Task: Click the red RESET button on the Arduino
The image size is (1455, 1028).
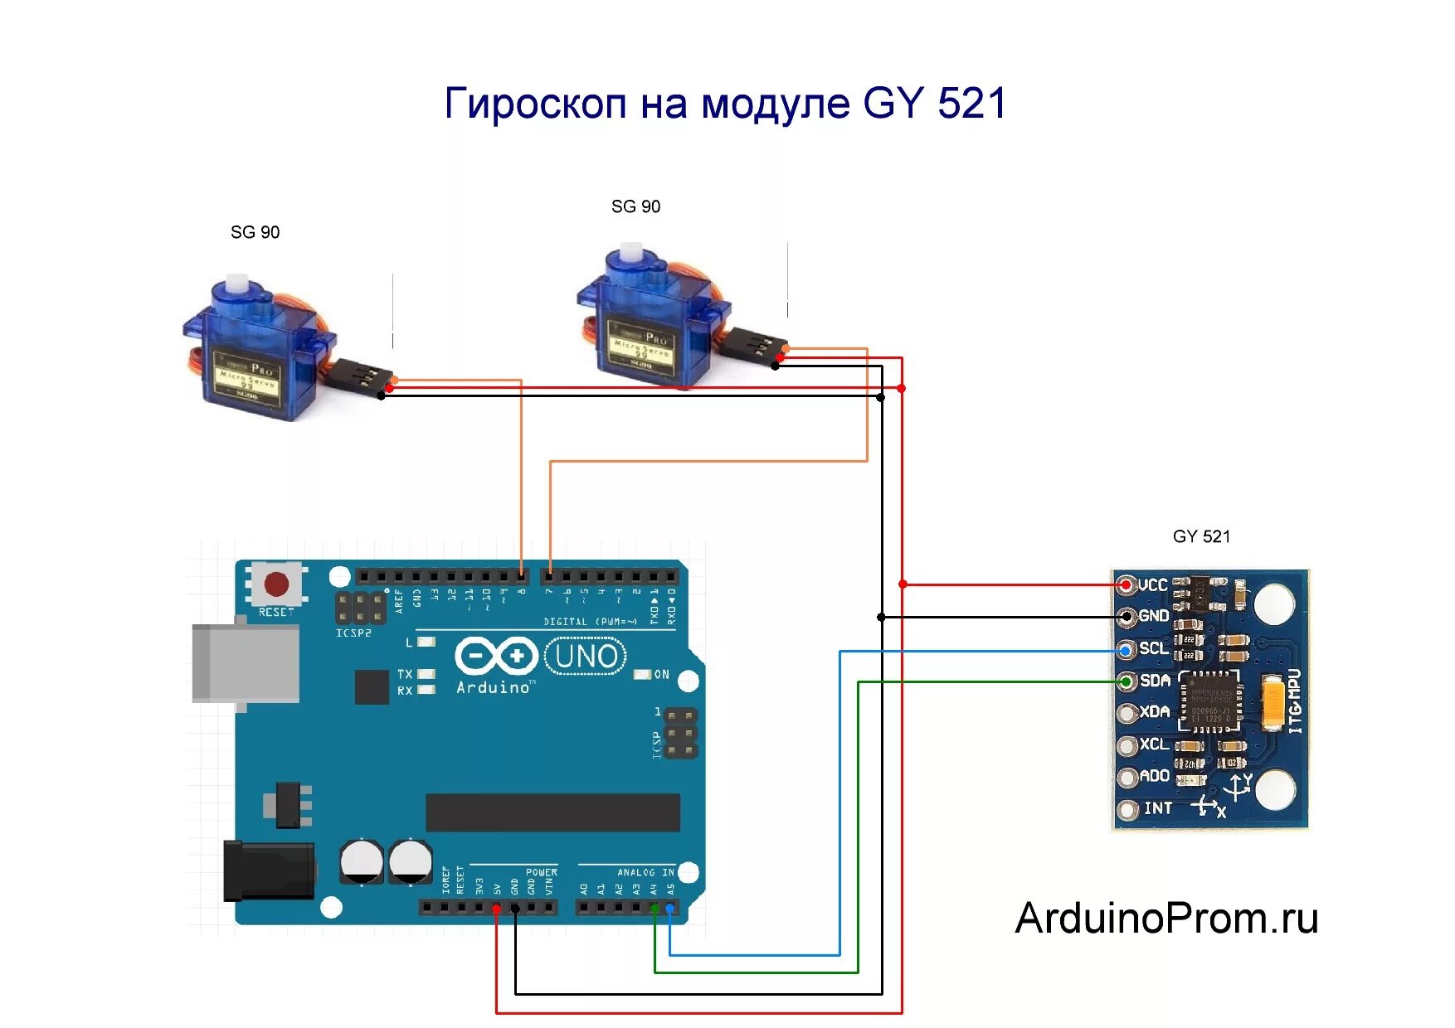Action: tap(276, 584)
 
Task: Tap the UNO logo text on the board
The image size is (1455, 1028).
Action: tap(586, 657)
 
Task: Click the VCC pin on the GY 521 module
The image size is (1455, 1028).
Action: tap(1126, 585)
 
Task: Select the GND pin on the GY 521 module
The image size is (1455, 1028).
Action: tap(1127, 617)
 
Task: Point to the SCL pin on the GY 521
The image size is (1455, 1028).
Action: tap(1127, 650)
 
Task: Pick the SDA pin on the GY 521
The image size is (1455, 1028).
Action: tap(1127, 681)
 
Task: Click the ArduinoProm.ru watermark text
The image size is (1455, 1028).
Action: tap(1166, 919)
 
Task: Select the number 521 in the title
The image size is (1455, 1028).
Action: tap(971, 104)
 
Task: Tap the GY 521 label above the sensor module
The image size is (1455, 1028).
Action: tap(1201, 536)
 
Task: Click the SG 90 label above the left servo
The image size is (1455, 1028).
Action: tap(255, 232)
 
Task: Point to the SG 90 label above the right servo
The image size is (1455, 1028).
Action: tap(635, 206)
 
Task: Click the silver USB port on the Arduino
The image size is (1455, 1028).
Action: tap(245, 663)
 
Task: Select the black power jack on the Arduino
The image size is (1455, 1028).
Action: tap(268, 870)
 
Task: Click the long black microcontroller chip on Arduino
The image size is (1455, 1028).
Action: tap(552, 812)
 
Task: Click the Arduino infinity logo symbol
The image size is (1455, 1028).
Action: tap(496, 657)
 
